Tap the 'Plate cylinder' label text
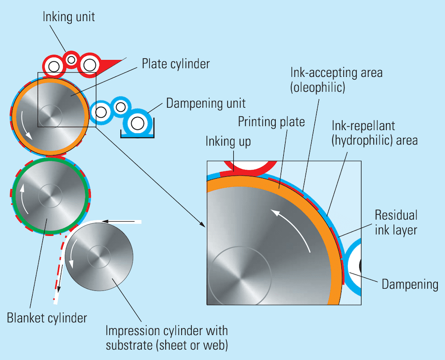pos(176,64)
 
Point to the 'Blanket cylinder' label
pos(47,317)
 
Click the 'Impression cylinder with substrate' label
pos(167,337)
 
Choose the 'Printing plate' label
pos(271,122)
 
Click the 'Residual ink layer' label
pos(396,222)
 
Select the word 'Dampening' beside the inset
pos(410,285)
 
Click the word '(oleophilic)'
pos(317,88)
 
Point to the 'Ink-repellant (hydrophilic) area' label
pos(375,133)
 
